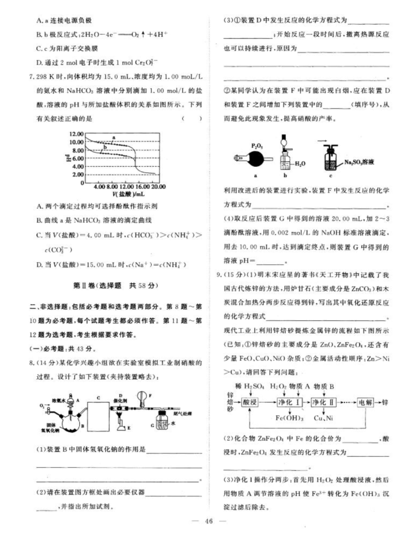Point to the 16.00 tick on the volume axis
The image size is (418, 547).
(x=139, y=187)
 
